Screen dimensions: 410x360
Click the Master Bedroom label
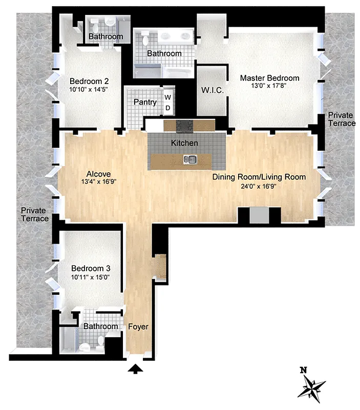269,78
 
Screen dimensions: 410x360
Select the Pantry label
145,102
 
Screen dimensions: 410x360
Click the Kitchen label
184,142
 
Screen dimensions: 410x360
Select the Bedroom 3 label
90,269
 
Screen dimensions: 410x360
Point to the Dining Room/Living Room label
259,177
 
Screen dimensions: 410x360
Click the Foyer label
138,326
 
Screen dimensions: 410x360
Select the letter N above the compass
304,370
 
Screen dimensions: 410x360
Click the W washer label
167,97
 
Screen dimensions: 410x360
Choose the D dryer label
167,108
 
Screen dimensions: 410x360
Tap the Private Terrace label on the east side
342,119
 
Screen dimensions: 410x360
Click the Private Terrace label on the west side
35,214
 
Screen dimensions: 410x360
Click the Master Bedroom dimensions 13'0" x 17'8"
269,87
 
